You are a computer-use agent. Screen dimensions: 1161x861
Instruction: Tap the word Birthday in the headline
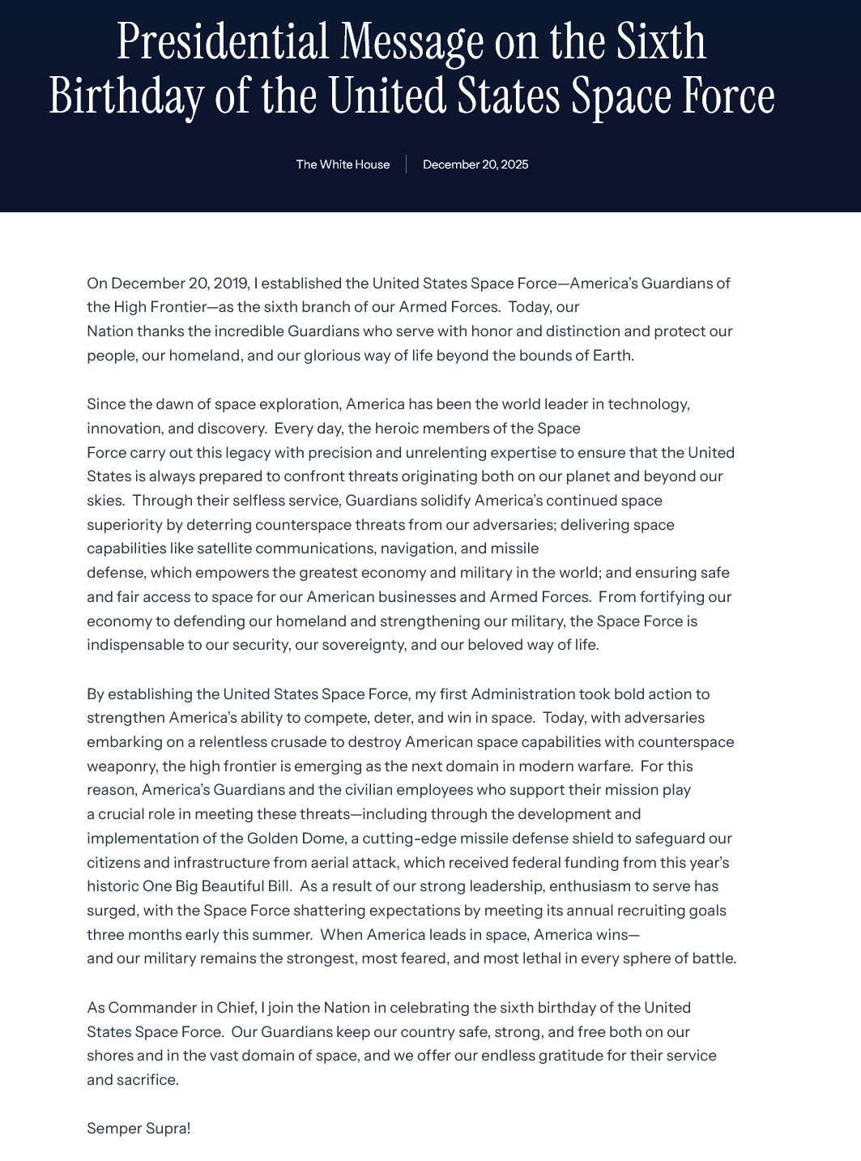(126, 96)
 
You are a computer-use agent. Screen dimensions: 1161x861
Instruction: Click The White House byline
(343, 164)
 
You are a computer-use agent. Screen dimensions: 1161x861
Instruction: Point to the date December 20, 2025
(475, 164)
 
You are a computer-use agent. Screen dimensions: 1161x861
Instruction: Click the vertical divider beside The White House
(407, 164)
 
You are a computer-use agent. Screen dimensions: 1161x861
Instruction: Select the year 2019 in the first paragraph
(231, 284)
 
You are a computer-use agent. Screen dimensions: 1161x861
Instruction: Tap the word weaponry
(121, 766)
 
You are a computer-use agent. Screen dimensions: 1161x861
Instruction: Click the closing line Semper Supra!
(139, 1129)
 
